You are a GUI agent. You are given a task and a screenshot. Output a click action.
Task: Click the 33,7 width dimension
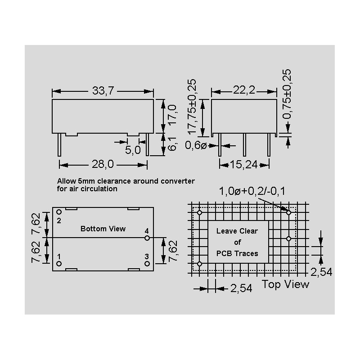tap(103, 91)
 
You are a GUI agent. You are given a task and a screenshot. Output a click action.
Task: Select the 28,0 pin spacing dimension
tap(103, 165)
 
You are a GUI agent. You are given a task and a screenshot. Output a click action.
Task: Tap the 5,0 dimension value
tap(133, 150)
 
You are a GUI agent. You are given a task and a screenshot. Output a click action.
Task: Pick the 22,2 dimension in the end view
tap(244, 91)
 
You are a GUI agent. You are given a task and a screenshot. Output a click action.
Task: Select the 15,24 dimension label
tap(245, 165)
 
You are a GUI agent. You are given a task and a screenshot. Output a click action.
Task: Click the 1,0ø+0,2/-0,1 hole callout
tap(252, 192)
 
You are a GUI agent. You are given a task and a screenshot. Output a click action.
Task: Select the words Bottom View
tap(103, 229)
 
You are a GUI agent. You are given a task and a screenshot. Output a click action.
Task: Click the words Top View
tap(286, 284)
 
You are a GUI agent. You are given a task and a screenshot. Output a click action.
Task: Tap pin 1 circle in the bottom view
tap(59, 263)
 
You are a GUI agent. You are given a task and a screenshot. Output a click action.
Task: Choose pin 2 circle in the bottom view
tap(59, 211)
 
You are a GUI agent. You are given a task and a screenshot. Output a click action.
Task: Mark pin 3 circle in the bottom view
tap(147, 263)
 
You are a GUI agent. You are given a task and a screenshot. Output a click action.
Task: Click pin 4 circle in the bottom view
tap(147, 238)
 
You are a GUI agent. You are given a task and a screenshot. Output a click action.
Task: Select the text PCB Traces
tap(237, 253)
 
